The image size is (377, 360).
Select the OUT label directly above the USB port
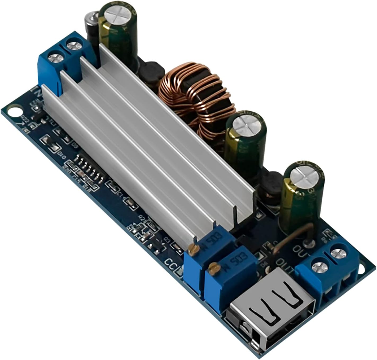tap(285, 265)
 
